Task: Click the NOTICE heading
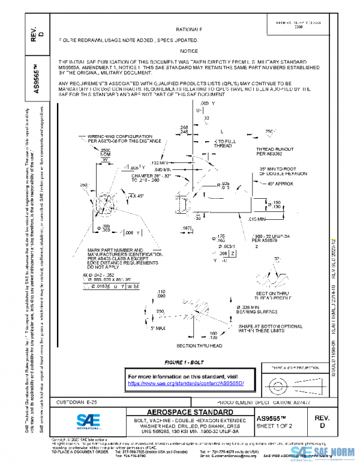coord(189,51)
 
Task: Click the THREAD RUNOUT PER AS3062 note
coord(274,151)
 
